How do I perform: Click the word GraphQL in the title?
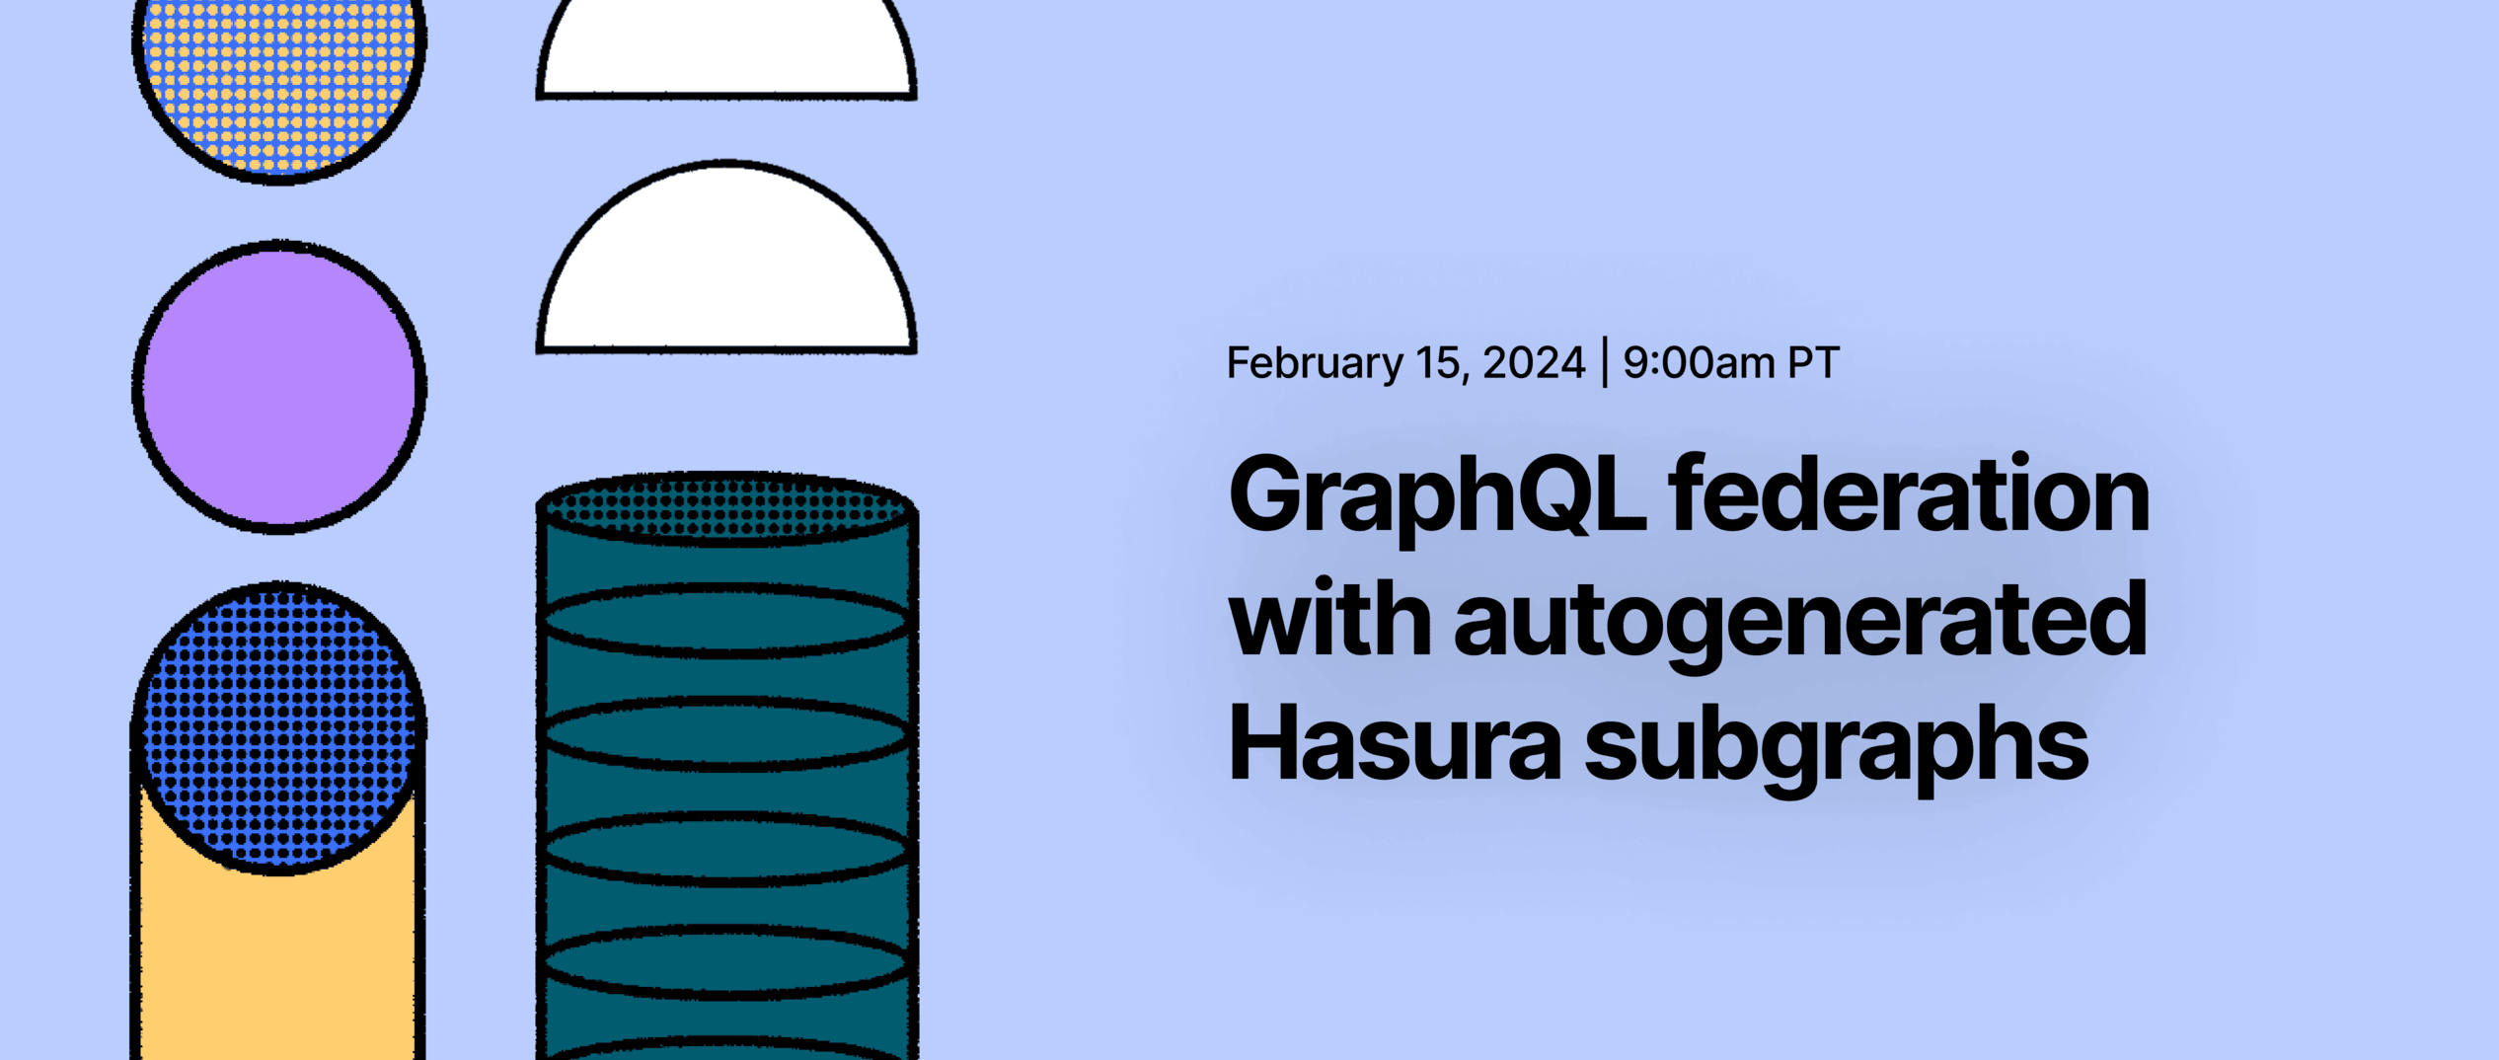click(1436, 495)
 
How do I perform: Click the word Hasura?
click(1394, 744)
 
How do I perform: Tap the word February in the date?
click(1314, 364)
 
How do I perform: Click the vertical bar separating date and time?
click(1605, 363)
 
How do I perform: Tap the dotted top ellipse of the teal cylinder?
click(726, 508)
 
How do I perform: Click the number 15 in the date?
click(1439, 363)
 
